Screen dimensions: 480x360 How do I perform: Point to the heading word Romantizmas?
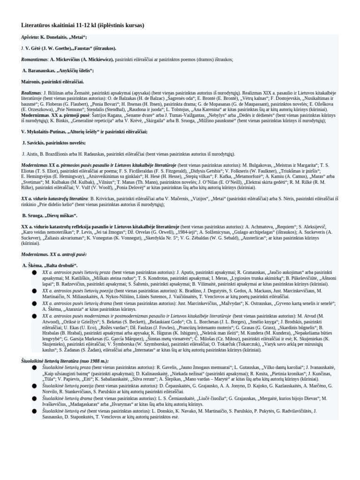click(x=34, y=60)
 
